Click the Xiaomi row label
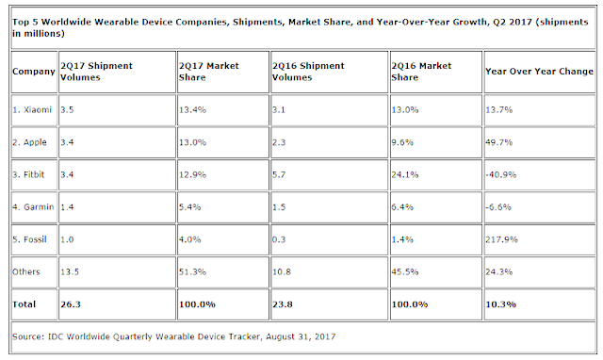pos(32,110)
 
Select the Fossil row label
pos(29,239)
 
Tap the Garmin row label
pos(33,207)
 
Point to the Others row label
pos(26,272)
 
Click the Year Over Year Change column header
pos(539,72)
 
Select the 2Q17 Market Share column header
pos(209,72)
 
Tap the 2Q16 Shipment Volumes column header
pos(308,72)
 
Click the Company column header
pos(34,72)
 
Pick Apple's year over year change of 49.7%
pos(498,142)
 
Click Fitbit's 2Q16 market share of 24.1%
pos(405,174)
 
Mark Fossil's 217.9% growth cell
pos(501,239)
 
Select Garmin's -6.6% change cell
pos(498,207)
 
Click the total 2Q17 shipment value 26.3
pos(71,304)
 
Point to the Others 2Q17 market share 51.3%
pos(192,272)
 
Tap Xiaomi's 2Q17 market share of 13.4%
pos(192,110)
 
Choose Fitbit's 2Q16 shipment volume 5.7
pos(279,174)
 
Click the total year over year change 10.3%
pos(500,304)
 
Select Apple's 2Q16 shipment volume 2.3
pos(279,142)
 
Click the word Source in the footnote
pos(27,337)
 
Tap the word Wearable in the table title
pos(117,22)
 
